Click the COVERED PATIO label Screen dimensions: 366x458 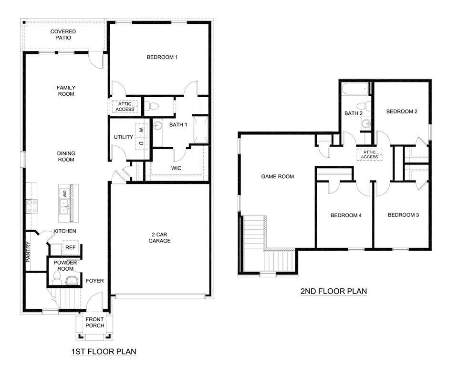click(63, 35)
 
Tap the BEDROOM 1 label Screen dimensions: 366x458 click(162, 57)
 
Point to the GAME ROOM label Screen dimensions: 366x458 click(277, 176)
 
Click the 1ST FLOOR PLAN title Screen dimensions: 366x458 click(103, 352)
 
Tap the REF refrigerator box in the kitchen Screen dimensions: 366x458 click(70, 248)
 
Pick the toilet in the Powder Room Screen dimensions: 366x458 click(72, 280)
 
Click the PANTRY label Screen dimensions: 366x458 click(28, 253)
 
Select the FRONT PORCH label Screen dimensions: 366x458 click(94, 322)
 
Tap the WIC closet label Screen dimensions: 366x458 click(176, 168)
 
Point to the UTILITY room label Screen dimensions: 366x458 click(123, 137)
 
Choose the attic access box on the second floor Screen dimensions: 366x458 click(369, 154)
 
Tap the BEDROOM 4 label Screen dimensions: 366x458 click(346, 215)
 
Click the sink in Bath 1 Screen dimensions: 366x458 click(158, 125)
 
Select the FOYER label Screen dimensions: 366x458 click(94, 281)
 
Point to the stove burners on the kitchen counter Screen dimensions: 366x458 click(32, 205)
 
